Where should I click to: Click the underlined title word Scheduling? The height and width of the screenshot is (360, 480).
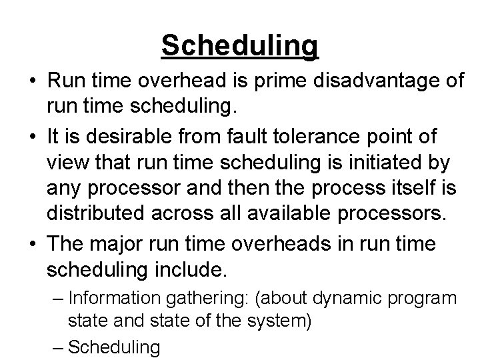(240, 45)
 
